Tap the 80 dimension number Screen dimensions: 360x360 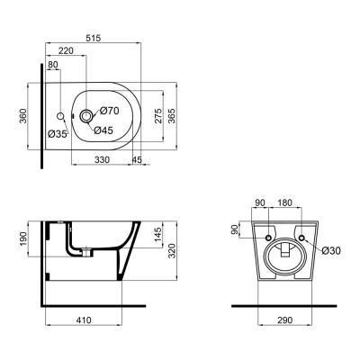coord(53,65)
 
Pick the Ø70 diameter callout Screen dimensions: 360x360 coord(109,110)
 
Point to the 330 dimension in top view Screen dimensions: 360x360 coord(105,159)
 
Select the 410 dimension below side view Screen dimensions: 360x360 coord(85,319)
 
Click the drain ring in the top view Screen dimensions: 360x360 coord(86,115)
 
